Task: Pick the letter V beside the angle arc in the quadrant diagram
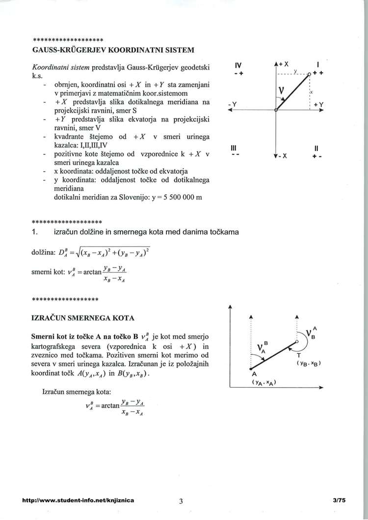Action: (x=282, y=91)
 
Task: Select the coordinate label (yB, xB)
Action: (x=309, y=364)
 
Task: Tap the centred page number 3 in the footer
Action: (x=181, y=500)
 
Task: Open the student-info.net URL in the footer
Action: (x=79, y=500)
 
